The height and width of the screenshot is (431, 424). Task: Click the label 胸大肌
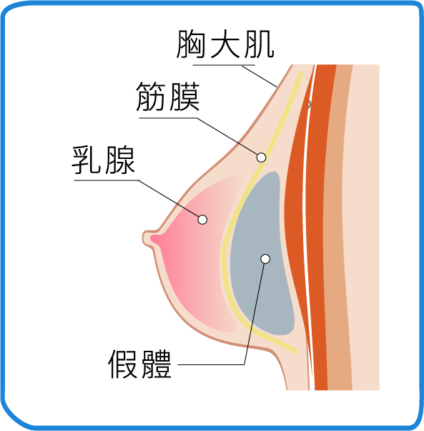[x=225, y=44]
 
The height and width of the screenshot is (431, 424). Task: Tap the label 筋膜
[x=168, y=97]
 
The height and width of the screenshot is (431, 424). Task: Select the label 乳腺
[x=103, y=160]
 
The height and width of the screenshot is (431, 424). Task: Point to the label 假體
[x=139, y=364]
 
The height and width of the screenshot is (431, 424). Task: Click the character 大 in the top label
[x=226, y=44]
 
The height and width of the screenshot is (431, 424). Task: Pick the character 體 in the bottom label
[x=156, y=364]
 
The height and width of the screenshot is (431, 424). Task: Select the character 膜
[x=184, y=97]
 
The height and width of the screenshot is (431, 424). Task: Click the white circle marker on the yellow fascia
[x=261, y=158]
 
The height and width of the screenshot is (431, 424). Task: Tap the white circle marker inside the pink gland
[x=202, y=220]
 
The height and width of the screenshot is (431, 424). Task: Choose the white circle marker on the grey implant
[x=265, y=258]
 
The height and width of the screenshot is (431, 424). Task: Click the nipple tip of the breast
[x=144, y=237]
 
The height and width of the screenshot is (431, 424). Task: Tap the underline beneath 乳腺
[x=107, y=180]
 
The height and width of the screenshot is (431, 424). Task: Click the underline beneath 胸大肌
[x=224, y=65]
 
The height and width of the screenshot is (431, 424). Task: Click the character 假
[x=123, y=364]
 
